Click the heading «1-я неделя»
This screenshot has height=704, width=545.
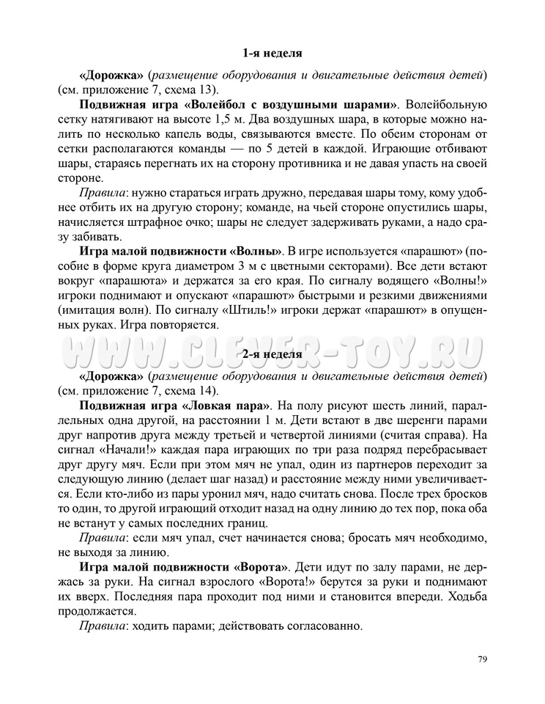coord(272,53)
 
